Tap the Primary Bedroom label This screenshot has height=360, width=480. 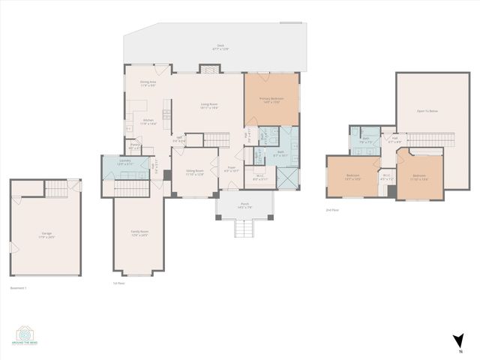pyautogui.click(x=271, y=100)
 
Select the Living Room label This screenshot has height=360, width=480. pyautogui.click(x=208, y=106)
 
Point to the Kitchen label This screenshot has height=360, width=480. pyautogui.click(x=148, y=122)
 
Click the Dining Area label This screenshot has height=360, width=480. pyautogui.click(x=148, y=83)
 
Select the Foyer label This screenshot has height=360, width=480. pyautogui.click(x=232, y=169)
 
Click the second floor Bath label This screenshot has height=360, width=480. pyautogui.click(x=366, y=139)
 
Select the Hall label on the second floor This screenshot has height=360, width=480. pyautogui.click(x=394, y=139)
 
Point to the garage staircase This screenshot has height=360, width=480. pyautogui.click(x=58, y=190)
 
